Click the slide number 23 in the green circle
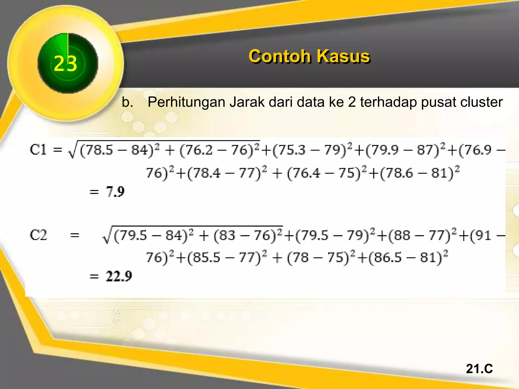tap(65, 64)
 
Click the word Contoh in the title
tap(280, 56)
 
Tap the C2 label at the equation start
tap(38, 235)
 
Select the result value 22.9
tap(119, 276)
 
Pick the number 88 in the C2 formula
tap(402, 236)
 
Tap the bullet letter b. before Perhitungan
tap(127, 102)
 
